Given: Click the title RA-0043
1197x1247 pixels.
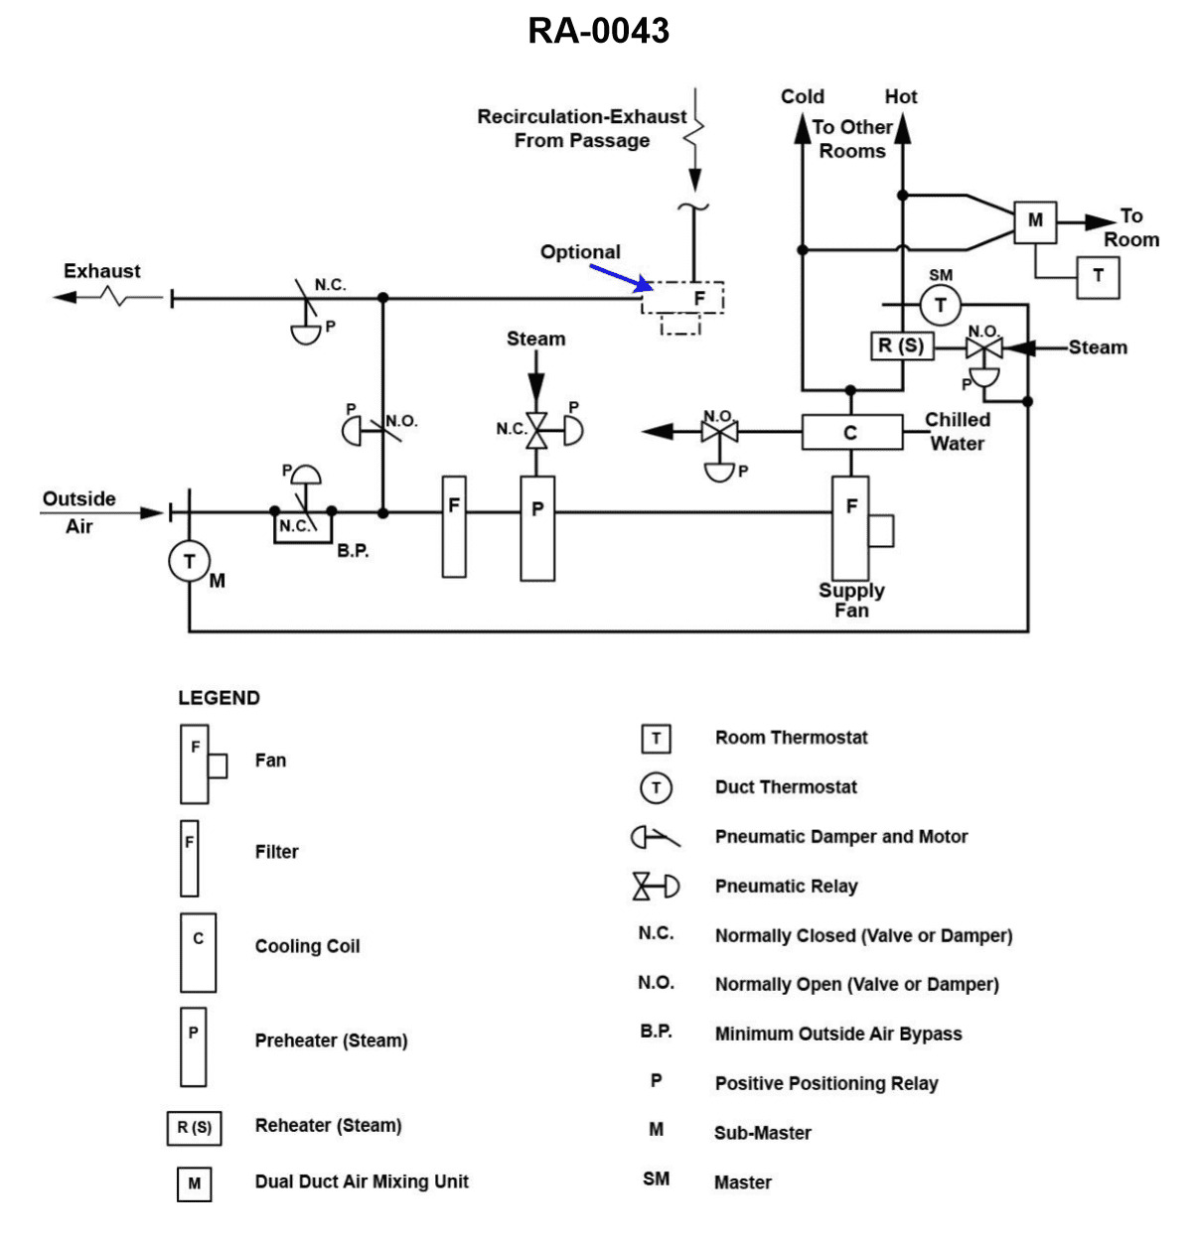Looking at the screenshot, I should pos(598,31).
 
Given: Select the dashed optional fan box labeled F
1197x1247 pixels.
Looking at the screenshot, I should pos(683,298).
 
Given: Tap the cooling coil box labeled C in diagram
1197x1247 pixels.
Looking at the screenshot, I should pos(851,433).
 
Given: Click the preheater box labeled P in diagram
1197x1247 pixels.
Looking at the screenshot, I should pos(537,527).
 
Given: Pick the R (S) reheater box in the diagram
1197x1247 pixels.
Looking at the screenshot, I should pos(901,346).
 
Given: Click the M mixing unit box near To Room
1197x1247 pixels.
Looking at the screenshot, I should pos(1035,221).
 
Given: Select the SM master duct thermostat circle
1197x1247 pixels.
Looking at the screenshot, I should pos(940,305).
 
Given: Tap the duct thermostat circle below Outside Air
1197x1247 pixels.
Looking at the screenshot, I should pos(189,562).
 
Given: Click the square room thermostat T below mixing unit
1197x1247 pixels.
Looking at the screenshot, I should pos(1098,277).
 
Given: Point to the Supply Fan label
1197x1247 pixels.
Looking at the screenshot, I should pos(851,600).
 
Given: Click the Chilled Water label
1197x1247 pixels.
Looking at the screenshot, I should pos(957,432).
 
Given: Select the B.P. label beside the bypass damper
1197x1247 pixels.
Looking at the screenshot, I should pos(353,550).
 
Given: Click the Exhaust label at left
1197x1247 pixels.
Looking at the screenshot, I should pos(101,271).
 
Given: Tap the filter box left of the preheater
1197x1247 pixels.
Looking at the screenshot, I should pos(454,527).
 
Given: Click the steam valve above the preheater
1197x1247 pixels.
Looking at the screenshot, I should pos(536,429).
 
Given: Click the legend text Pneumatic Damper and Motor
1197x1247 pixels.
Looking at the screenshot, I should pos(840,837).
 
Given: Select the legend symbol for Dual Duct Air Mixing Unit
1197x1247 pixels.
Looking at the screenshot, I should pos(194,1183).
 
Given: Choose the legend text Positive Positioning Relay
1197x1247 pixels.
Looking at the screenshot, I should pos(825,1083).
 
